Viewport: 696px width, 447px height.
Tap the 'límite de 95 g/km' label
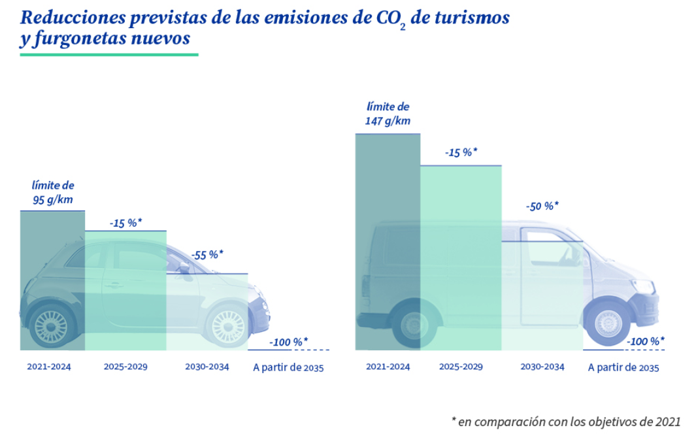(53, 193)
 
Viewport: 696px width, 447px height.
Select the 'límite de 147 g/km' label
(388, 114)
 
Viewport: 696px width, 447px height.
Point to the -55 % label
(207, 255)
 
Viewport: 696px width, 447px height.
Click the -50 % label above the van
(542, 206)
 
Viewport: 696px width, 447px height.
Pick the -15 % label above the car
(125, 223)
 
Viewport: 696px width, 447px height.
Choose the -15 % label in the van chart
(461, 153)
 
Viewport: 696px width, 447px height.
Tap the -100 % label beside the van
(646, 340)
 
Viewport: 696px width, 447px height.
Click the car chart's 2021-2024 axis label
(49, 367)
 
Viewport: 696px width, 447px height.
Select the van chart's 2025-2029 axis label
(461, 367)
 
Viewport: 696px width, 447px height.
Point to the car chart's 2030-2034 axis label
(207, 367)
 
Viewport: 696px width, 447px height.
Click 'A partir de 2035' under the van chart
(623, 367)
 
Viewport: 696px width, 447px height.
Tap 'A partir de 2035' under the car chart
(288, 367)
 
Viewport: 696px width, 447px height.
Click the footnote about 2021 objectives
(566, 422)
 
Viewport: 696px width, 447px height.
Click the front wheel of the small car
(227, 325)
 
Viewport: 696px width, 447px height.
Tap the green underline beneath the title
(108, 55)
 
